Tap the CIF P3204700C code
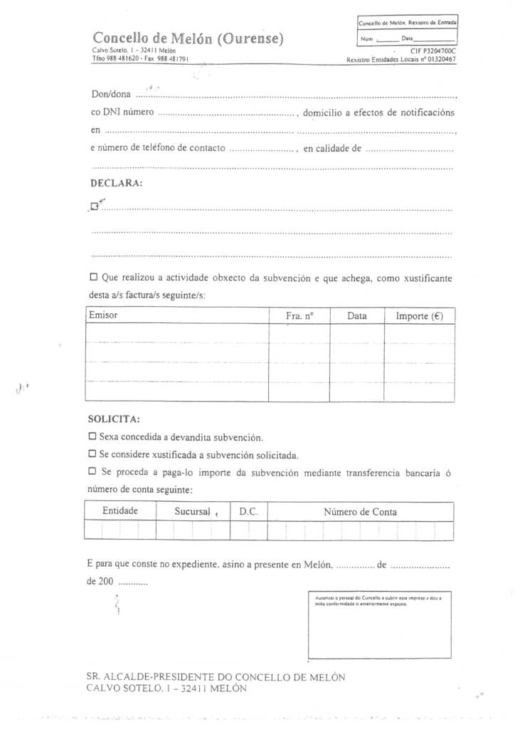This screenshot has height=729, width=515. [x=432, y=52]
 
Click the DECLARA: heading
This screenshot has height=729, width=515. [x=117, y=183]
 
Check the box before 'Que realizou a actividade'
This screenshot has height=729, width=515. [x=95, y=278]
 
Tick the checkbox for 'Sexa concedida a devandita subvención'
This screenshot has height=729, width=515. [x=92, y=436]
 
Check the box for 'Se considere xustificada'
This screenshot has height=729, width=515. [x=92, y=453]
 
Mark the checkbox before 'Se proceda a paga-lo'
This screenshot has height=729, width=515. [x=92, y=471]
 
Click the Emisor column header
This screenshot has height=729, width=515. [x=104, y=315]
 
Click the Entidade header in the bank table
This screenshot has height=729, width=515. [x=120, y=511]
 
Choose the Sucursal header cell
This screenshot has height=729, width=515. [x=193, y=512]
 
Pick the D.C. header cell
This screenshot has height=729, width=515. [x=248, y=512]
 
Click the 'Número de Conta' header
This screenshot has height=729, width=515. [x=361, y=512]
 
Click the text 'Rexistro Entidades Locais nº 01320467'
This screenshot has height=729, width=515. [x=400, y=60]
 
